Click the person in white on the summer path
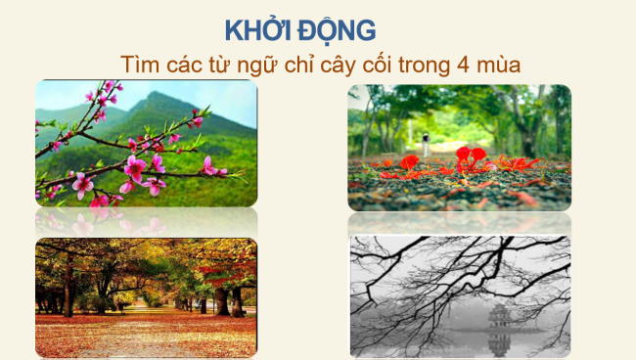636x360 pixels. click(x=428, y=141)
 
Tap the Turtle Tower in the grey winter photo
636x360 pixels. click(x=500, y=316)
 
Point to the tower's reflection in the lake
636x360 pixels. click(x=500, y=341)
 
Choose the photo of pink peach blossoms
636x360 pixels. click(x=146, y=144)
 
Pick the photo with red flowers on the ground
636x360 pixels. click(x=459, y=147)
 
